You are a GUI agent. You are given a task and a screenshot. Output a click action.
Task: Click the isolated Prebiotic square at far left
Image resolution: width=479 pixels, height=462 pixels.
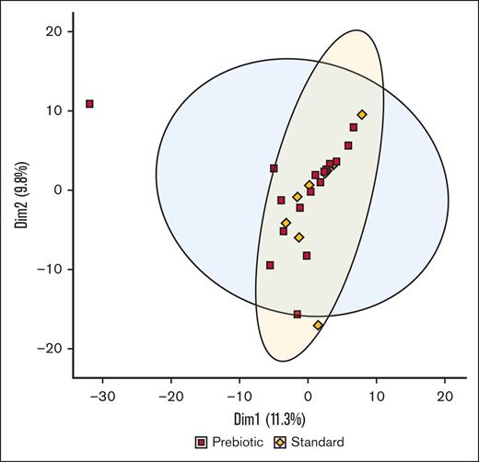(89, 104)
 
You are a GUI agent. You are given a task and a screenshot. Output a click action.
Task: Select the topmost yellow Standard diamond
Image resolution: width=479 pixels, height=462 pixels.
(362, 115)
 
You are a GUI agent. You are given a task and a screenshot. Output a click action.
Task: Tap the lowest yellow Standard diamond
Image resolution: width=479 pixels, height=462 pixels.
(318, 326)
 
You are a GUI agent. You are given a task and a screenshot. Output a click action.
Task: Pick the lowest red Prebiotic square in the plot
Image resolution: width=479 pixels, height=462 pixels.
(297, 314)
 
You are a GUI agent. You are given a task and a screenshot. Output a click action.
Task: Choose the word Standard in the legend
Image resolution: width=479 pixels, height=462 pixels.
(318, 442)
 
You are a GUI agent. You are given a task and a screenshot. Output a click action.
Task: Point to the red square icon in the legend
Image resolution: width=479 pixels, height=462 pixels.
(199, 442)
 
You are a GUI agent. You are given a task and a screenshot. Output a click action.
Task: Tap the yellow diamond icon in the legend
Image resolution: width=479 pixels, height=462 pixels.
(282, 442)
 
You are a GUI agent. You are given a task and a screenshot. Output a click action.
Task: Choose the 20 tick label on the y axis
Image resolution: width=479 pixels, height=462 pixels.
(53, 30)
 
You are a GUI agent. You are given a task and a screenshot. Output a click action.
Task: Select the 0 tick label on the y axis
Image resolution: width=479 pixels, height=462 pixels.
(57, 190)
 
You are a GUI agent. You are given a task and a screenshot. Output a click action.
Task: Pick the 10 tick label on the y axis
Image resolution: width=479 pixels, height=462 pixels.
(53, 110)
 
